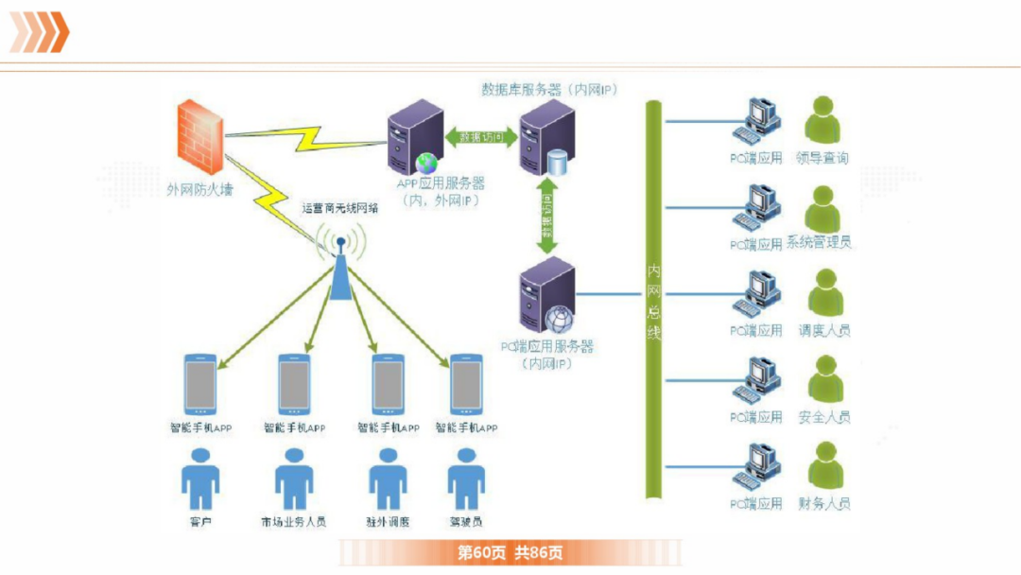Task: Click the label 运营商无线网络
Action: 340,208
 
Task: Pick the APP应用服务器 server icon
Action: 417,137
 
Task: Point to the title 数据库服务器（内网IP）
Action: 548,90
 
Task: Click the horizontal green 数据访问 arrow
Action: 481,137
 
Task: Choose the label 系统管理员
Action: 818,243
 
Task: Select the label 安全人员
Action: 823,417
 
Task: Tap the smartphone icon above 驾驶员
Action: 466,385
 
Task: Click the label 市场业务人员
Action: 293,522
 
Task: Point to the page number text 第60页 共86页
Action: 510,552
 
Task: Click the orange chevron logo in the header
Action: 39,31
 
